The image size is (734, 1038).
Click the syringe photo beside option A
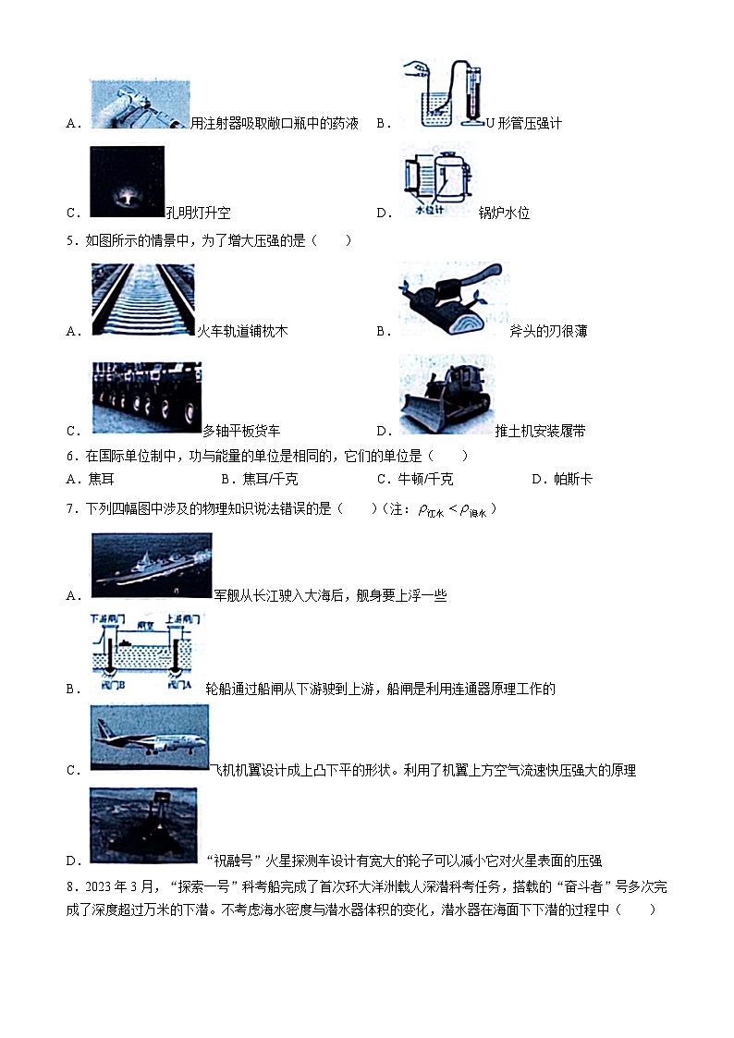pyautogui.click(x=140, y=104)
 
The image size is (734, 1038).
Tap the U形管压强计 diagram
pyautogui.click(x=444, y=94)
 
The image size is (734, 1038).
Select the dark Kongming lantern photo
pyautogui.click(x=127, y=182)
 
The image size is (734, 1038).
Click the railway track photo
pyautogui.click(x=143, y=299)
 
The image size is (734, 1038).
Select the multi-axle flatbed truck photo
pyautogui.click(x=146, y=397)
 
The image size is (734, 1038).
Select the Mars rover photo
pyautogui.click(x=143, y=824)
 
